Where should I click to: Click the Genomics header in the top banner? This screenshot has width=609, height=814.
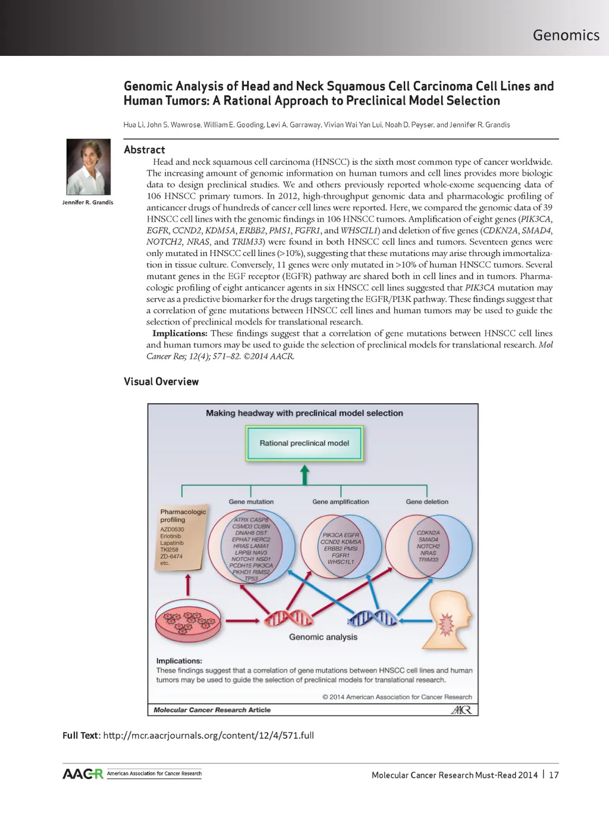coord(566,35)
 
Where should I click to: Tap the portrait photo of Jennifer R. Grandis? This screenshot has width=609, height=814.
coord(89,167)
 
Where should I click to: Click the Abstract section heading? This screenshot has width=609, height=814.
coord(145,150)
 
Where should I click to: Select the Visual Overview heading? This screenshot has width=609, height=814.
coord(161,381)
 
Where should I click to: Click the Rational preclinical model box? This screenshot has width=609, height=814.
coord(304,443)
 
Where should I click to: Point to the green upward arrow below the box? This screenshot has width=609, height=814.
coord(304,475)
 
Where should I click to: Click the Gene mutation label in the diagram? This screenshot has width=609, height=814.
coord(251,502)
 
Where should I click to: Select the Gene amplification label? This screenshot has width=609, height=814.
coord(340,502)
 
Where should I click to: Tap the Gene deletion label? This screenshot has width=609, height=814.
coord(427,502)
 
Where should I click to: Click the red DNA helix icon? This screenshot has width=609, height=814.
coord(289,618)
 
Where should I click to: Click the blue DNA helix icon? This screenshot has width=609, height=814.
coord(373,618)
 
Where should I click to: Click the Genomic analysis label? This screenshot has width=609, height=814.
coord(323,637)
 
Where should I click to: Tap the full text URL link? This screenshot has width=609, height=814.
coord(208,736)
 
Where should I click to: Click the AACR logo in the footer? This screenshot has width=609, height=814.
coord(83,774)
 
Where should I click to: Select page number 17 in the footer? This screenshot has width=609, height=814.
coord(554,775)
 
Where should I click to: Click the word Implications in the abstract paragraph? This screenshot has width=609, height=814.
coord(180,333)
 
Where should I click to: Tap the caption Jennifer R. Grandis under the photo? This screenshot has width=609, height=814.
coord(88,203)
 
